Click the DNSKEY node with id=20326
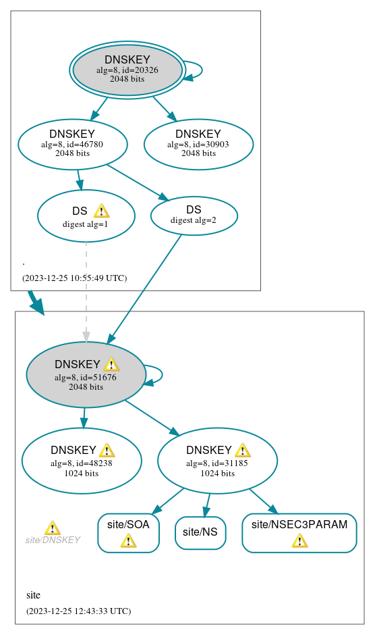(127, 70)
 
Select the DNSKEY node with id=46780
(72, 144)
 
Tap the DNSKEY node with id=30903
(198, 144)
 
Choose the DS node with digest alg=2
(194, 215)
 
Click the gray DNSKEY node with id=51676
(86, 375)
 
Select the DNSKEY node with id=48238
(81, 461)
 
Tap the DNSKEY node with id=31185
(217, 461)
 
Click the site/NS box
(200, 532)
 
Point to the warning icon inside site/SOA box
(128, 540)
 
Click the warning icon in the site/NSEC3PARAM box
(299, 540)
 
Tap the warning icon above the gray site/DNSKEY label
(52, 528)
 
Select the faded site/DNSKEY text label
(53, 540)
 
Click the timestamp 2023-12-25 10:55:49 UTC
(74, 278)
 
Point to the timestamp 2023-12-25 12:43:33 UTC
(78, 611)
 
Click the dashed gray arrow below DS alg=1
(86, 290)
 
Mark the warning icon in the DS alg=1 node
(101, 211)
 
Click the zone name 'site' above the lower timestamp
(33, 595)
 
